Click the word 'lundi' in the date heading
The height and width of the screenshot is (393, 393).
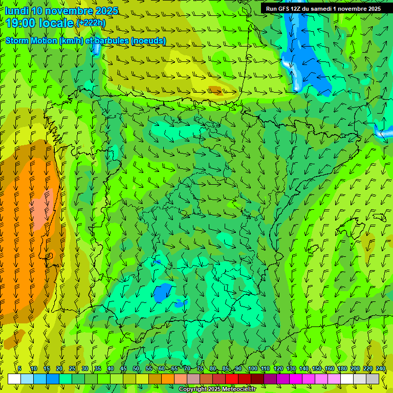16,11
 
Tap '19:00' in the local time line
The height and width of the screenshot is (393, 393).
21,23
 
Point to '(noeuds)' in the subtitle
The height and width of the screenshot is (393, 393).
148,40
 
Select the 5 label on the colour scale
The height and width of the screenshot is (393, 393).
19,368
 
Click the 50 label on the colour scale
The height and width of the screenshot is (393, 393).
136,368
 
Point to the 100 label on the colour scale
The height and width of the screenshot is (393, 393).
252,368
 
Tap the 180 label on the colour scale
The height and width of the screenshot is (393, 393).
342,368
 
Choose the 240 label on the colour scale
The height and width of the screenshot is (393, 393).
381,368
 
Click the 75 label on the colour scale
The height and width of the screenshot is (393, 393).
200,368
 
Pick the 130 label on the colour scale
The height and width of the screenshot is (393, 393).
291,368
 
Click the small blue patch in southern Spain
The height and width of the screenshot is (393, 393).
162,293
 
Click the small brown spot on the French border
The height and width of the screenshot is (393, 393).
216,91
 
